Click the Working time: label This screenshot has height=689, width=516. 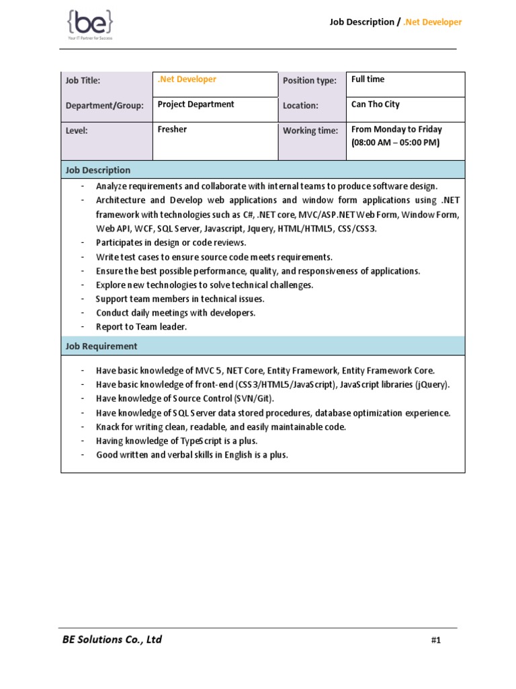point(310,131)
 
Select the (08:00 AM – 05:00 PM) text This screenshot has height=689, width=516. point(395,143)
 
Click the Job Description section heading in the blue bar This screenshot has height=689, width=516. point(98,170)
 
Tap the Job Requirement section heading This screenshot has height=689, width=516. point(101,347)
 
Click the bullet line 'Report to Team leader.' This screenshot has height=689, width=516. point(141,327)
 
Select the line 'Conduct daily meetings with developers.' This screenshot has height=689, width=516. point(175,313)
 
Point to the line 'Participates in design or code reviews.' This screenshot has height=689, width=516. point(171,243)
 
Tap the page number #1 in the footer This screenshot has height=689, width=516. point(435,641)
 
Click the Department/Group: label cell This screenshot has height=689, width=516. point(104,106)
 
